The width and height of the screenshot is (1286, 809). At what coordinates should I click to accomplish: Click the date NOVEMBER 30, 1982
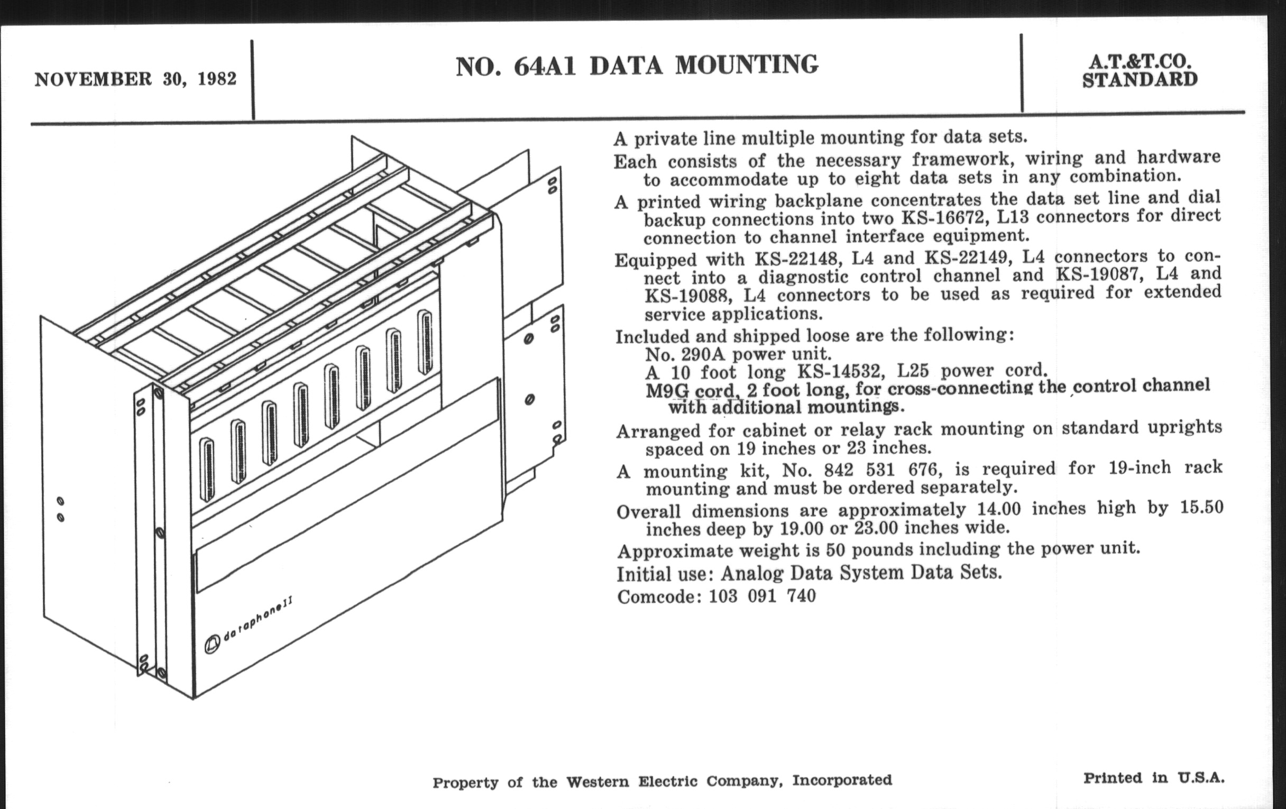pyautogui.click(x=135, y=79)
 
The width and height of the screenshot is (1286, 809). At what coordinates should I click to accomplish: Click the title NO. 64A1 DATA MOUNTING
pyautogui.click(x=637, y=65)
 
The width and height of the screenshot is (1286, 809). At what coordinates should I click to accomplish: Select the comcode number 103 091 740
pyautogui.click(x=762, y=596)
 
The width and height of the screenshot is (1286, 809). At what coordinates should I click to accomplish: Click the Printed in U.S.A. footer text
pyautogui.click(x=1154, y=777)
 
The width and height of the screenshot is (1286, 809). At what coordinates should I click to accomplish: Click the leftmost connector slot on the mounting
pyautogui.click(x=207, y=470)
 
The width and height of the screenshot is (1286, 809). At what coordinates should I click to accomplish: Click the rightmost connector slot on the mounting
pyautogui.click(x=425, y=342)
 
